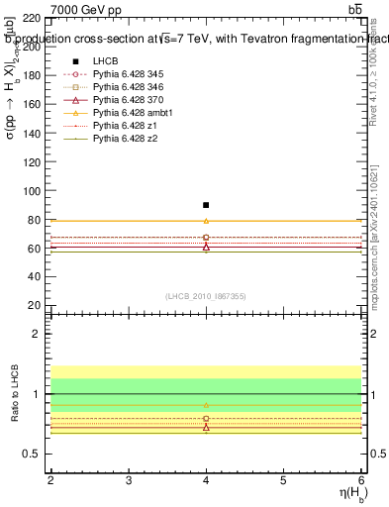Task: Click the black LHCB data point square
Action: click(206, 205)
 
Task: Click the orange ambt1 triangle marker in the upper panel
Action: click(206, 221)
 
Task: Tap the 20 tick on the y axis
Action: click(36, 305)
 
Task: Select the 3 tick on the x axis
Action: click(129, 480)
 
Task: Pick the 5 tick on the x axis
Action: click(283, 480)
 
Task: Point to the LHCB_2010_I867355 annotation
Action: click(205, 295)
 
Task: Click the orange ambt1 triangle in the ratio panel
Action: click(206, 405)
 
